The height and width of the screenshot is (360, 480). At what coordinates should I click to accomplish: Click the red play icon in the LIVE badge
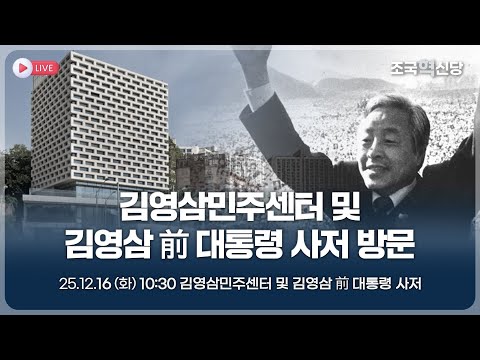(21, 66)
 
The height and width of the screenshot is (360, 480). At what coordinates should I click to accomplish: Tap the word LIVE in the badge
(44, 66)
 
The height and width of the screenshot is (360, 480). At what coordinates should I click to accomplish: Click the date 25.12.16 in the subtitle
(86, 283)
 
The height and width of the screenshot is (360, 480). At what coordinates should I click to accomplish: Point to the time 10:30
(158, 283)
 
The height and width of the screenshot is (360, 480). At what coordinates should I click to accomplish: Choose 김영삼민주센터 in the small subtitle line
(219, 283)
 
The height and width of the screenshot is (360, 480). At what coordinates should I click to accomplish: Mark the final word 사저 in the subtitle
(406, 283)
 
